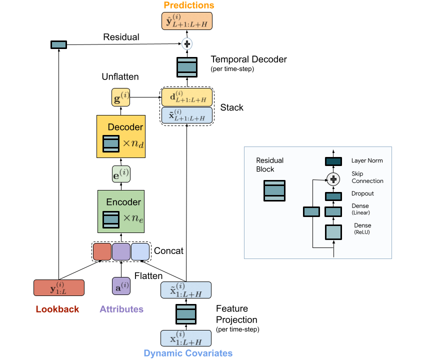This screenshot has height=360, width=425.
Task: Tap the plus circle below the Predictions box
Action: coord(187,44)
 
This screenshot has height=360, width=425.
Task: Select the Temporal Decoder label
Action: coord(249,59)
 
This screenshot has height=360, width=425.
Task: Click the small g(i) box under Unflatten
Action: coord(120,97)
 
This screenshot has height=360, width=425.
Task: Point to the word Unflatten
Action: coord(120,77)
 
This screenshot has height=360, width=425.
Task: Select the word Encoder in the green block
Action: coord(123,202)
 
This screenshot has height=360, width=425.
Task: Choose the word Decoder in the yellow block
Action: coord(125,127)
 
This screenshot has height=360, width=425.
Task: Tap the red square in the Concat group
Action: coord(102,251)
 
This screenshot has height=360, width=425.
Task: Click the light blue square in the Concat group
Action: coord(140,251)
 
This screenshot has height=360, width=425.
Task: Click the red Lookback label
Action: coord(57,309)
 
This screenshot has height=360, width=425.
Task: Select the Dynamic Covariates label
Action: coord(188,353)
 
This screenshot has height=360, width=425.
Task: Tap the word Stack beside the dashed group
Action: coord(232,107)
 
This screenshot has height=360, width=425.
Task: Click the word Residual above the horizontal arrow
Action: coord(121,37)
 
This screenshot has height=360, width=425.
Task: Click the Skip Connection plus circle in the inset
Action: coord(333,177)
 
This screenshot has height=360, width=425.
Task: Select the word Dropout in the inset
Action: coord(362,193)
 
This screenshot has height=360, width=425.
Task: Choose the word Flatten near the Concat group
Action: coord(148,275)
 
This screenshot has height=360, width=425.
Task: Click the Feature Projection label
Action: coord(236,314)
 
